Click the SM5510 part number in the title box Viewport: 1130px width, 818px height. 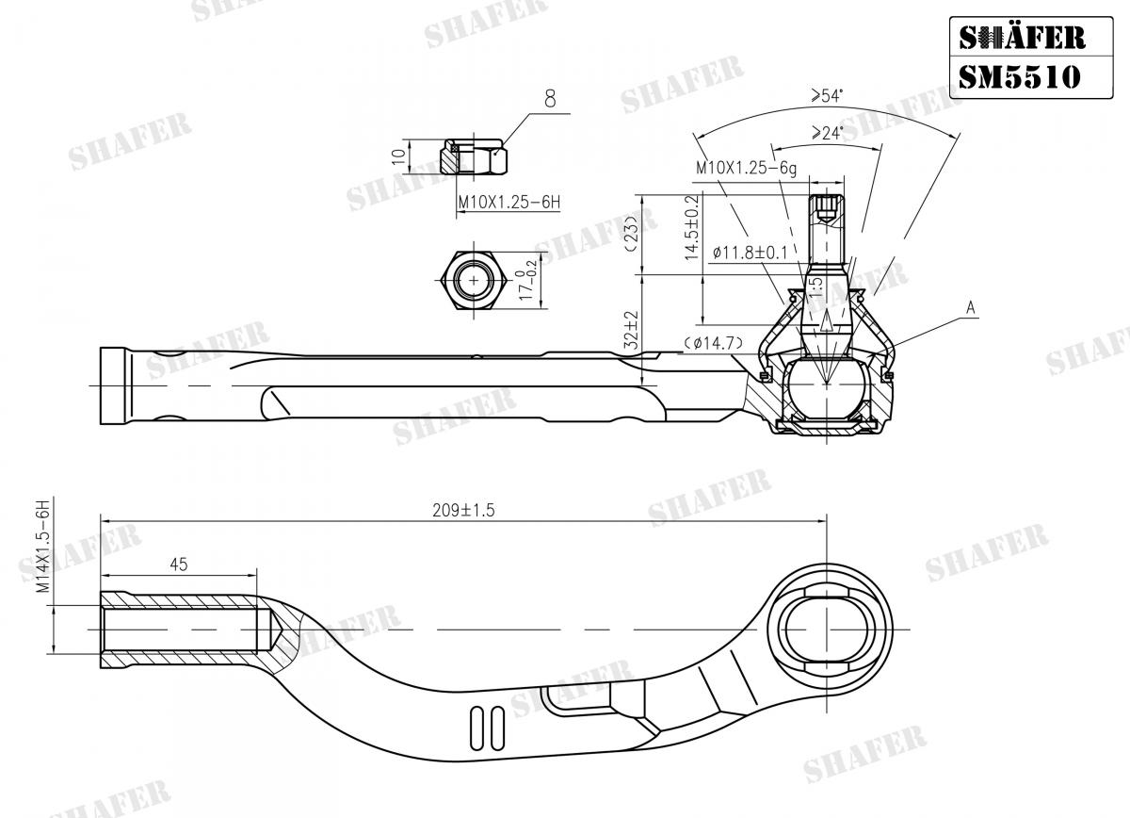[1019, 74]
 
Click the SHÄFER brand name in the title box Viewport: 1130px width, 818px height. [1021, 38]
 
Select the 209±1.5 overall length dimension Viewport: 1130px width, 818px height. [463, 510]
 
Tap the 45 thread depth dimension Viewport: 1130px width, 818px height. [179, 564]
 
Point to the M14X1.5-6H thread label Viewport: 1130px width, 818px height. [42, 547]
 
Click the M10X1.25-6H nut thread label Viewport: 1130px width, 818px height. [508, 203]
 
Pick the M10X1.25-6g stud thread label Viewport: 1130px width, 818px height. [746, 167]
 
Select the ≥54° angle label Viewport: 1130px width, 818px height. [826, 95]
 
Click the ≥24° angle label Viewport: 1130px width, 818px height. [826, 133]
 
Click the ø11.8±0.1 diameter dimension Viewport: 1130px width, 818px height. [749, 253]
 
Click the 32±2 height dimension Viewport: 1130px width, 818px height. [632, 331]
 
